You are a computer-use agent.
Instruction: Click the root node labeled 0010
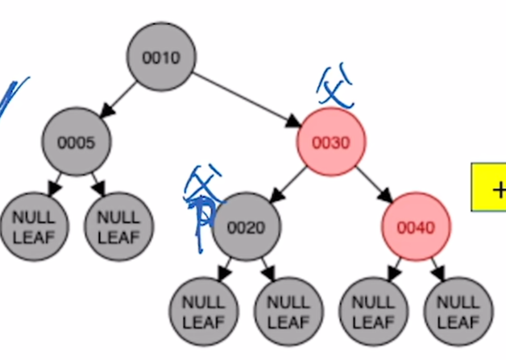point(161,57)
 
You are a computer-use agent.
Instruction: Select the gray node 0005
point(77,143)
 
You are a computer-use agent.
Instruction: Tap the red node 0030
point(331,143)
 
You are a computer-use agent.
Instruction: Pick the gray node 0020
point(247,228)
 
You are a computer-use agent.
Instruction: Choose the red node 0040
point(416,228)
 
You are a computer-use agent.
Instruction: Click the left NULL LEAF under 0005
point(34,227)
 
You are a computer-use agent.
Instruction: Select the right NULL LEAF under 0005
point(118,227)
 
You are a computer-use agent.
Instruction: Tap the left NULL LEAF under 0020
point(204,312)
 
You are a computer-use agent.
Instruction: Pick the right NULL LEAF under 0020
point(288,312)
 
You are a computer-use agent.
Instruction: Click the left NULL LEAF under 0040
point(373,312)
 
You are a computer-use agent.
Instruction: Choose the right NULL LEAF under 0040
point(458,312)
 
